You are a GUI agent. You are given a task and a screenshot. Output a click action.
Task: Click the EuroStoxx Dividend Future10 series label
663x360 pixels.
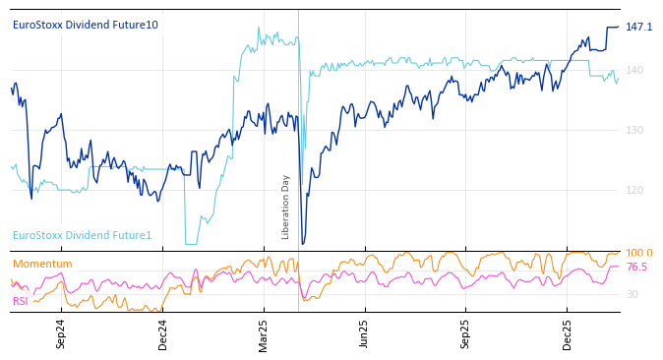85,25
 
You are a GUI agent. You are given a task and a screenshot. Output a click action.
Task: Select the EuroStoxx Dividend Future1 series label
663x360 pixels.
82,235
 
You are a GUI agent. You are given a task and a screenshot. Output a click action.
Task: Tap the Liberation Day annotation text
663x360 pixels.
286,207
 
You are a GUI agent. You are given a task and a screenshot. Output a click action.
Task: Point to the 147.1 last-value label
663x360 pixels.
638,27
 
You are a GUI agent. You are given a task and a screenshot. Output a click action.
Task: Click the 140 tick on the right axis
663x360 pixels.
634,70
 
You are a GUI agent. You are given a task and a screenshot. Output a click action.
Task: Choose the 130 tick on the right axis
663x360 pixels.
634,130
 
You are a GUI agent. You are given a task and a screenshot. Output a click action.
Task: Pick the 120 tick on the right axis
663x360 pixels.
634,190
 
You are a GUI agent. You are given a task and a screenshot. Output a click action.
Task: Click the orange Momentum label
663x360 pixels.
42,264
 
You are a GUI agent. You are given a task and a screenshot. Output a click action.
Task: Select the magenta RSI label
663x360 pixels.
21,301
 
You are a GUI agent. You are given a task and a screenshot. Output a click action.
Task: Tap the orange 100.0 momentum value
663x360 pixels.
638,254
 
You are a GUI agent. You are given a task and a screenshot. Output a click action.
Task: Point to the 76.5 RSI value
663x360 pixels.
636,268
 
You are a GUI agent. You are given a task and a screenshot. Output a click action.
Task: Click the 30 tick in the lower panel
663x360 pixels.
633,294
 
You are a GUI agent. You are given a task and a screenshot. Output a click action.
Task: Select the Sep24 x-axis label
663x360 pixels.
61,333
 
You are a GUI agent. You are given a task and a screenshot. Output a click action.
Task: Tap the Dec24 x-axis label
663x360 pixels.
163,333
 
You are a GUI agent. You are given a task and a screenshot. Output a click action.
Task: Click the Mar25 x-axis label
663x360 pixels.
264,333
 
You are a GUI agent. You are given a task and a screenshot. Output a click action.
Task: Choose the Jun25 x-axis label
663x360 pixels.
364,333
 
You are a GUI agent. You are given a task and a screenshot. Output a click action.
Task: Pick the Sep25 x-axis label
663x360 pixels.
465,333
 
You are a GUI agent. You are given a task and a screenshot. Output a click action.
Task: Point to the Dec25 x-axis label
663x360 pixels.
568,333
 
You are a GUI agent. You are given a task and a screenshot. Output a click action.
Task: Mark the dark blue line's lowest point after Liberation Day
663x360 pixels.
303,243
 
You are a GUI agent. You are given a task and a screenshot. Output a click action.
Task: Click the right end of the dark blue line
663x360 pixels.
619,27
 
